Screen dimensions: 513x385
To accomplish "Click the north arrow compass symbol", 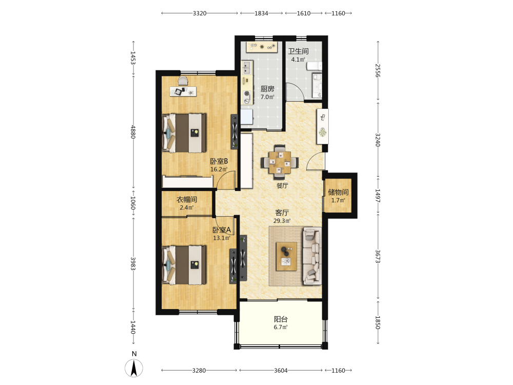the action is [134, 368].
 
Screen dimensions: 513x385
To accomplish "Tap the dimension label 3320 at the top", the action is [200, 13].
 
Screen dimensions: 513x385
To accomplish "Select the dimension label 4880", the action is [133, 131].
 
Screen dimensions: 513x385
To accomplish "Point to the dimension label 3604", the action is [281, 371].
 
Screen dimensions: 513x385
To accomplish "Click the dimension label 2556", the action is [378, 71].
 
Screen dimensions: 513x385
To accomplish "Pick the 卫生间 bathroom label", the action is [298, 51].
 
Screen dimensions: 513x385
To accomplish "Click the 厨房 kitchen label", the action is [267, 89].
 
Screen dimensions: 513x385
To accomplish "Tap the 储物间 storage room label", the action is [338, 192].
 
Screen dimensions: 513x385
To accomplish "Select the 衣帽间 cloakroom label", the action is [187, 199].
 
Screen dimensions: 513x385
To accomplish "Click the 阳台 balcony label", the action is [281, 319].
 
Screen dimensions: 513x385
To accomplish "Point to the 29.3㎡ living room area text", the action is [282, 221].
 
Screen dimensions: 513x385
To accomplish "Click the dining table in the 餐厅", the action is [280, 162].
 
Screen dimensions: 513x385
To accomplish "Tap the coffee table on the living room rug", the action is [286, 256].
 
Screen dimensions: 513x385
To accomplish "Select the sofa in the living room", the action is [312, 256].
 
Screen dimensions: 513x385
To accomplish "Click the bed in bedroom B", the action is [184, 132].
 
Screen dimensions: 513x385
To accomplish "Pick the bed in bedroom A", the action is [184, 265].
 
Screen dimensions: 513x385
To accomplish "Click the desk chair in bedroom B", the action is [183, 81].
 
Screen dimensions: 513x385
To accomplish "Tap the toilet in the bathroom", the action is [314, 66].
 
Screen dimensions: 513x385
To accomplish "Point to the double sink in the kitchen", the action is [246, 67].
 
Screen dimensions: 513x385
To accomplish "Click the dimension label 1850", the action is [378, 322].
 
